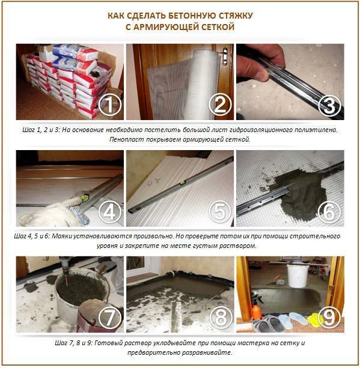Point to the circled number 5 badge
pyautogui.click(x=220, y=212)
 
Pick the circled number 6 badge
pyautogui.click(x=330, y=212)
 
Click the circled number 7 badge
pyautogui.click(x=110, y=318)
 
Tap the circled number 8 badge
pyautogui.click(x=220, y=318)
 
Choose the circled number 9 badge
pyautogui.click(x=330, y=318)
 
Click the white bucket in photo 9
pyautogui.click(x=297, y=276)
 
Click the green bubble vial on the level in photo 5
pyautogui.click(x=183, y=183)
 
